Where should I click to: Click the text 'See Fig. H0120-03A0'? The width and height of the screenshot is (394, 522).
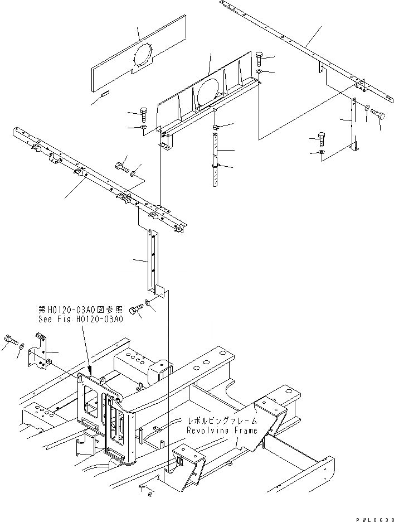tap(80, 320)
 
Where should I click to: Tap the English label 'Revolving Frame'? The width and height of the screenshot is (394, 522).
tap(222, 431)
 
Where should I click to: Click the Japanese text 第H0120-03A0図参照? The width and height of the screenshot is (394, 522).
tap(80, 310)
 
